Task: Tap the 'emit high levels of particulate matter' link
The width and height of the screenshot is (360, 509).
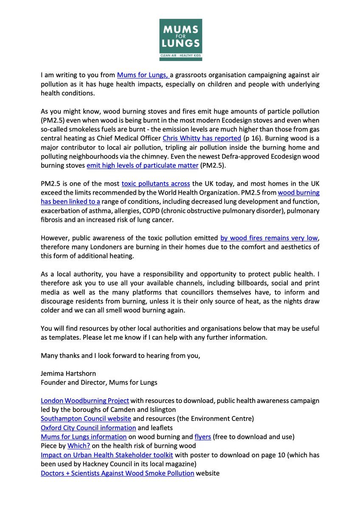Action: [x=142, y=165]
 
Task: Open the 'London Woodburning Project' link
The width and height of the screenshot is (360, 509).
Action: [x=85, y=400]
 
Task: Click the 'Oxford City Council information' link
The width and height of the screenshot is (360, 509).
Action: [x=88, y=427]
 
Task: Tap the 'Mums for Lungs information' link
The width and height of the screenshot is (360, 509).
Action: [x=84, y=436]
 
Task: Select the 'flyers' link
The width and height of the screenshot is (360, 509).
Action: [x=202, y=436]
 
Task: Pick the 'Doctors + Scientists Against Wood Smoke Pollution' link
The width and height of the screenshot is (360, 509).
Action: [x=118, y=473]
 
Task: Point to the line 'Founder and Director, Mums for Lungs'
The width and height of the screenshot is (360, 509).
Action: [x=99, y=383]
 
